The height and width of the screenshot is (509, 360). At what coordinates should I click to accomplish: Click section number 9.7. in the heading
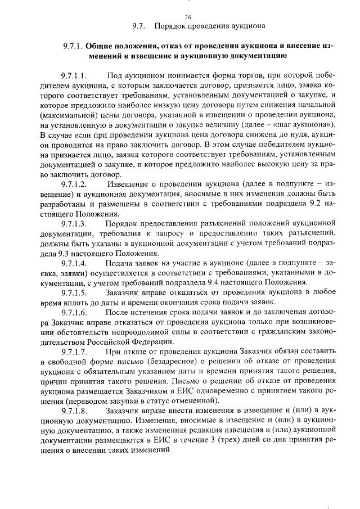point(139,26)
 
